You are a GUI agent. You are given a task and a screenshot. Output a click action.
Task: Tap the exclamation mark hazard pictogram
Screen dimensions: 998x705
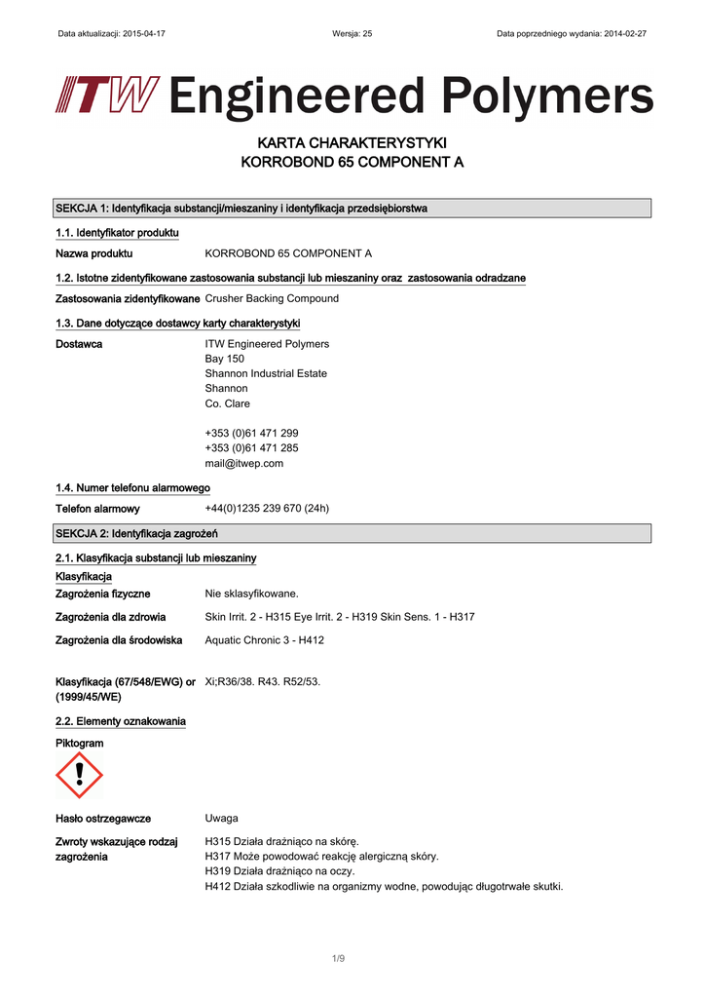[x=79, y=775]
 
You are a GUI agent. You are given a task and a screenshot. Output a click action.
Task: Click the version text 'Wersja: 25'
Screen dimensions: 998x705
[x=352, y=33]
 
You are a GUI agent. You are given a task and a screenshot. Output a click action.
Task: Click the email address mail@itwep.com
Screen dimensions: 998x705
[x=244, y=463]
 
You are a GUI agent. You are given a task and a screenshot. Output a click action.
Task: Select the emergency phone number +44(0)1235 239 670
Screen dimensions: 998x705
[x=267, y=508]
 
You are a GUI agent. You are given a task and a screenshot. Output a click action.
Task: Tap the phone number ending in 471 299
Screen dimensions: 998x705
[x=251, y=433]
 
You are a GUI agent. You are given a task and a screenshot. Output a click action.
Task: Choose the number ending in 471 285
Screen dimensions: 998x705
[x=251, y=447]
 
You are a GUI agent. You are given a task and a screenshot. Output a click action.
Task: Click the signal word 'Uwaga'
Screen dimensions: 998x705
[x=221, y=818]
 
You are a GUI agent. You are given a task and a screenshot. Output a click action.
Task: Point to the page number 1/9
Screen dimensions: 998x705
[x=338, y=958]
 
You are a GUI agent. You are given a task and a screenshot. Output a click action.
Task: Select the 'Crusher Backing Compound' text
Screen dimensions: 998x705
[x=272, y=298]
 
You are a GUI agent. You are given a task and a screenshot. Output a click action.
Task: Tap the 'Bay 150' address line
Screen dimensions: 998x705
[x=224, y=359]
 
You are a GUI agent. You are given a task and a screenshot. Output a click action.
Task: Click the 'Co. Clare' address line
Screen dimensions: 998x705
[x=227, y=403]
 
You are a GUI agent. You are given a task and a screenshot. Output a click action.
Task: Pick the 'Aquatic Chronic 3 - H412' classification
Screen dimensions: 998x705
[x=265, y=640]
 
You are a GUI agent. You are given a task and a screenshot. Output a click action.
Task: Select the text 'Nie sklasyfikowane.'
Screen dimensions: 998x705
[x=251, y=593]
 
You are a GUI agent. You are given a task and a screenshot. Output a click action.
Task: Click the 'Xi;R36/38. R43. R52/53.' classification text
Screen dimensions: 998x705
[x=263, y=681]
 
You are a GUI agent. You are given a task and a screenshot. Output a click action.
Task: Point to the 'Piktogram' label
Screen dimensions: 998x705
[x=80, y=743]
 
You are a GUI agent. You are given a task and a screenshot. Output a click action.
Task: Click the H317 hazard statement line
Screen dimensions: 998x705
[x=321, y=856]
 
